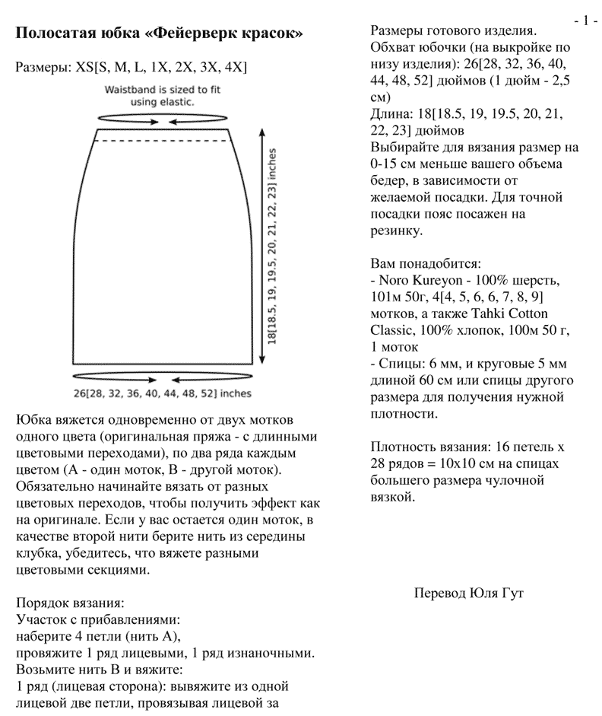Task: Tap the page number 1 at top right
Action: [x=585, y=20]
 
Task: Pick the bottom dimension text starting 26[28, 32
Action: [x=162, y=393]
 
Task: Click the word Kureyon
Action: [x=442, y=280]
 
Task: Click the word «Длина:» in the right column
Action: [x=389, y=114]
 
